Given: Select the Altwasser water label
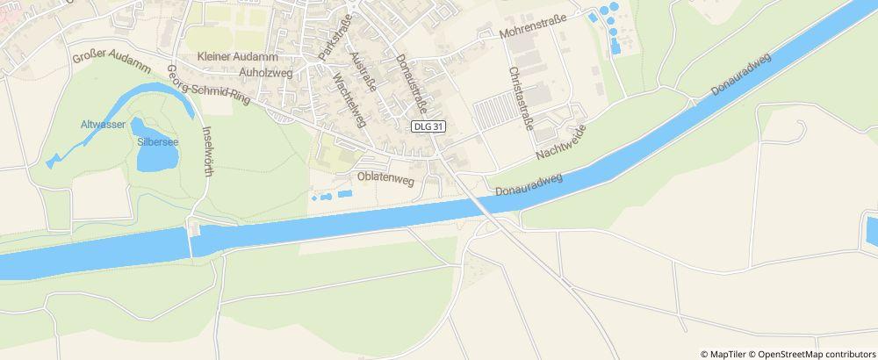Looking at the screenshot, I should [x=100, y=124].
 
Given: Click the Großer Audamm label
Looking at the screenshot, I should [x=112, y=61].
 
